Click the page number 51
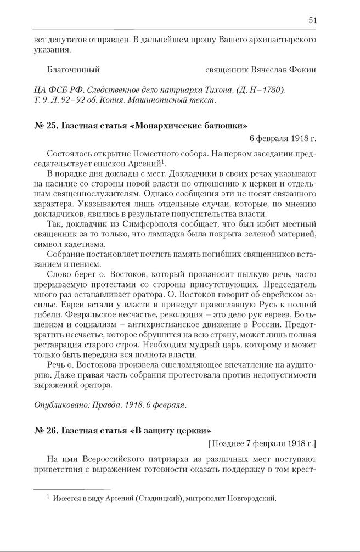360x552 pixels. click(x=312, y=20)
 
